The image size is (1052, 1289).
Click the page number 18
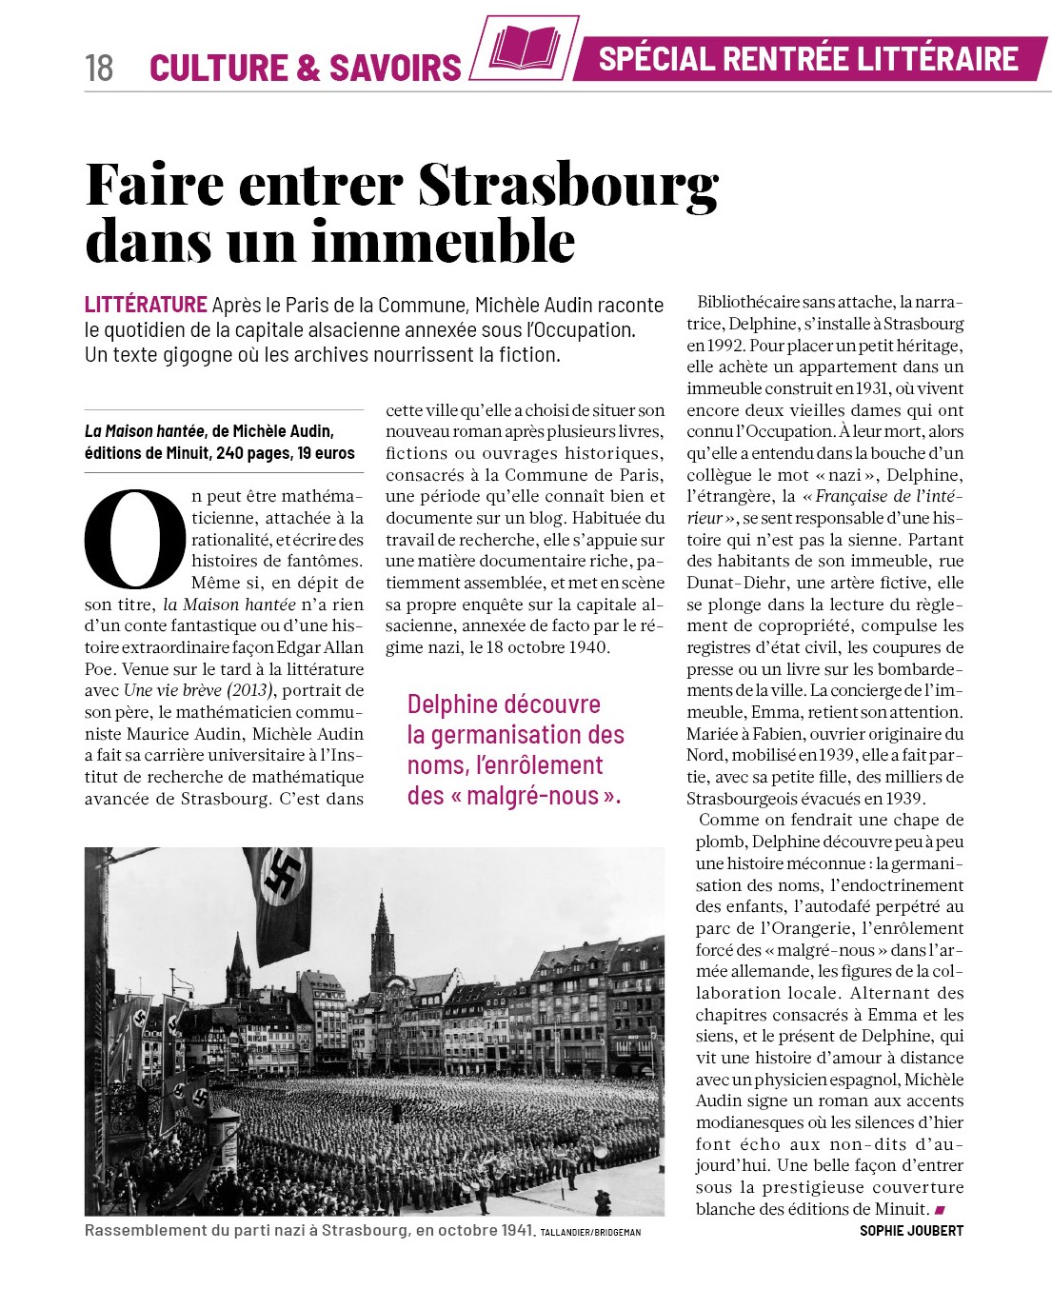[99, 68]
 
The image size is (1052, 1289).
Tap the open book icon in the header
[525, 48]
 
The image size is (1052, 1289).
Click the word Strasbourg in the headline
[568, 185]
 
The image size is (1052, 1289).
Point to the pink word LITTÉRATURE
[146, 305]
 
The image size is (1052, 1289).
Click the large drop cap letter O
[134, 539]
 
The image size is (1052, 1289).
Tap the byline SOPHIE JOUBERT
[911, 1230]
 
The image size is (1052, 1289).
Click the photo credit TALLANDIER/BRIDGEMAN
[590, 1232]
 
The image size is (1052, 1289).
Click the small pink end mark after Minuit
[940, 1209]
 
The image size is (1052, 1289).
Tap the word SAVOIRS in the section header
[395, 68]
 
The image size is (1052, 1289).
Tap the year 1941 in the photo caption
[513, 1230]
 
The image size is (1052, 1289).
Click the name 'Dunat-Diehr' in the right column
[729, 583]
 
